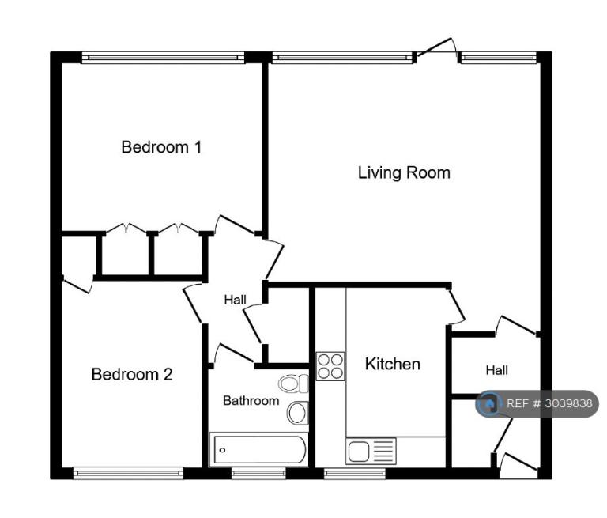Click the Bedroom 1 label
pos(161,147)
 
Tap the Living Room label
pos(404,172)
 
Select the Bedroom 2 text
pos(132,374)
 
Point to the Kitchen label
pos(393,364)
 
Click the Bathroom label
pos(251,400)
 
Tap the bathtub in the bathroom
pos(258,449)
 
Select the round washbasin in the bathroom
pos(297,413)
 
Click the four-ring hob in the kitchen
pos(330,366)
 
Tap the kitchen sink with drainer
pos(371,452)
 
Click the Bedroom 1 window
pos(163,58)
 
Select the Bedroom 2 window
pos(128,473)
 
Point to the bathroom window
pos(258,473)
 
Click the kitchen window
pos(355,473)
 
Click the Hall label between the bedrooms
pos(235,300)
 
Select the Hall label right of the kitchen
pos(496,370)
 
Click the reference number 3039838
pos(569,403)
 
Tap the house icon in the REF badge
pos(489,403)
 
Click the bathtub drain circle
pos(222,450)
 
